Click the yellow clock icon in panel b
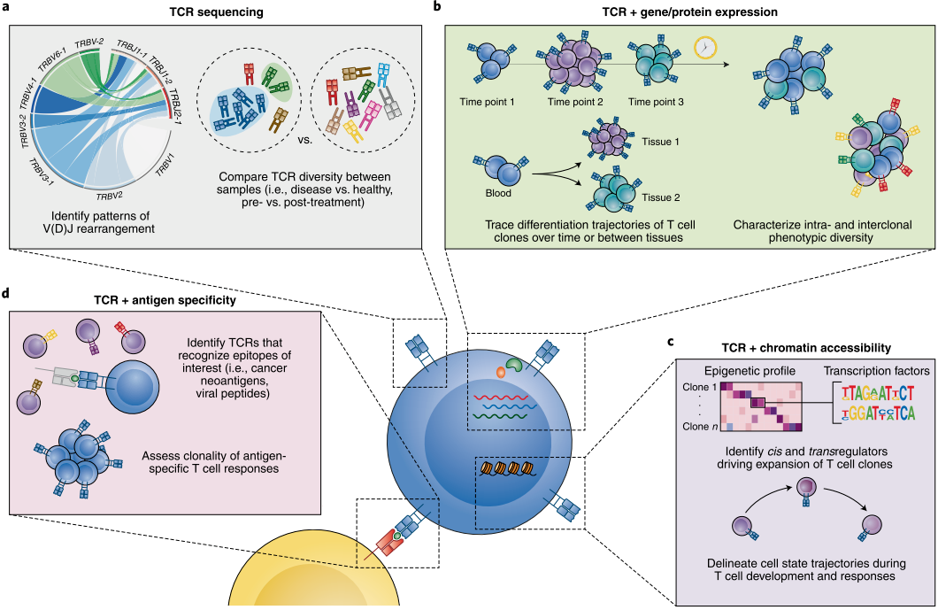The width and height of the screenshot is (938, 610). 705,48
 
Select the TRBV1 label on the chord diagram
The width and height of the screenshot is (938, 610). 165,164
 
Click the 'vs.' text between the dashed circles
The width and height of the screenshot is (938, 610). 304,140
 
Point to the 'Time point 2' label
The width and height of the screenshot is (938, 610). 575,102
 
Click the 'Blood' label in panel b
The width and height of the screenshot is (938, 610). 498,193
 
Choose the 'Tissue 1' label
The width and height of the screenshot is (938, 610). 660,142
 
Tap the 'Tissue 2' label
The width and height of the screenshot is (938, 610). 660,197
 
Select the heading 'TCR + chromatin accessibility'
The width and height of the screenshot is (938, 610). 806,347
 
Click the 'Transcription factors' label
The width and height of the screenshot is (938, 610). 876,371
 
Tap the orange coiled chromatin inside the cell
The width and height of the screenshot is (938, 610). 506,468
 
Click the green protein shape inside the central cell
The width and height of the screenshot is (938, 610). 514,363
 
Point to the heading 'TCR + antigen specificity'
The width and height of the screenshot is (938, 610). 165,300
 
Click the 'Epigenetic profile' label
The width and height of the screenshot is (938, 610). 750,371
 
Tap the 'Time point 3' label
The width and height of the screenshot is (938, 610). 656,102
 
